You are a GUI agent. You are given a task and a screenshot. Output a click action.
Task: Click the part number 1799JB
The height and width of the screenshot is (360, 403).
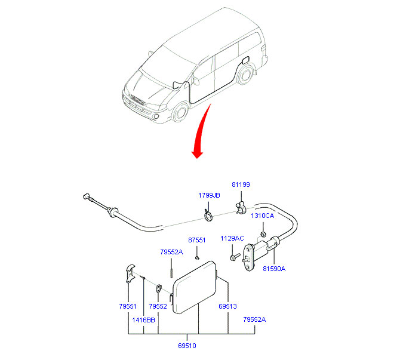click(x=209, y=195)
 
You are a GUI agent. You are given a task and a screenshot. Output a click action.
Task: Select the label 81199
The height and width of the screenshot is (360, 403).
click(x=241, y=185)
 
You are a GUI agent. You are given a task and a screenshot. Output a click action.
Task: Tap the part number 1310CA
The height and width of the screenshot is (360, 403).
click(x=262, y=216)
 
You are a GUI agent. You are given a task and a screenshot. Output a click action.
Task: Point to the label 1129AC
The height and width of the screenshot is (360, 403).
click(x=232, y=238)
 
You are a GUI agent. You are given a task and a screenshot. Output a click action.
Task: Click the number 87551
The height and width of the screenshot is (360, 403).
click(x=196, y=240)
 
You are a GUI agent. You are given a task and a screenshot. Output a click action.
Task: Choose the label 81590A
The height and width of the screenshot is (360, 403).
click(x=275, y=269)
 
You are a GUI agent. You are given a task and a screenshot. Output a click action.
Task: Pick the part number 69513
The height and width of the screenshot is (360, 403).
click(x=227, y=306)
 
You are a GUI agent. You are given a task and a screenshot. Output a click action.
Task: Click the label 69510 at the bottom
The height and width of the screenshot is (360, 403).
click(x=186, y=345)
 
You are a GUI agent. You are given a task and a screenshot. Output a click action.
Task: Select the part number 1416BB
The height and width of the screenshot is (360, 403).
click(x=143, y=320)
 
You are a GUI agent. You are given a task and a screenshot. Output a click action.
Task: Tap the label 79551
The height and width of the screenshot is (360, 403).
click(x=128, y=306)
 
